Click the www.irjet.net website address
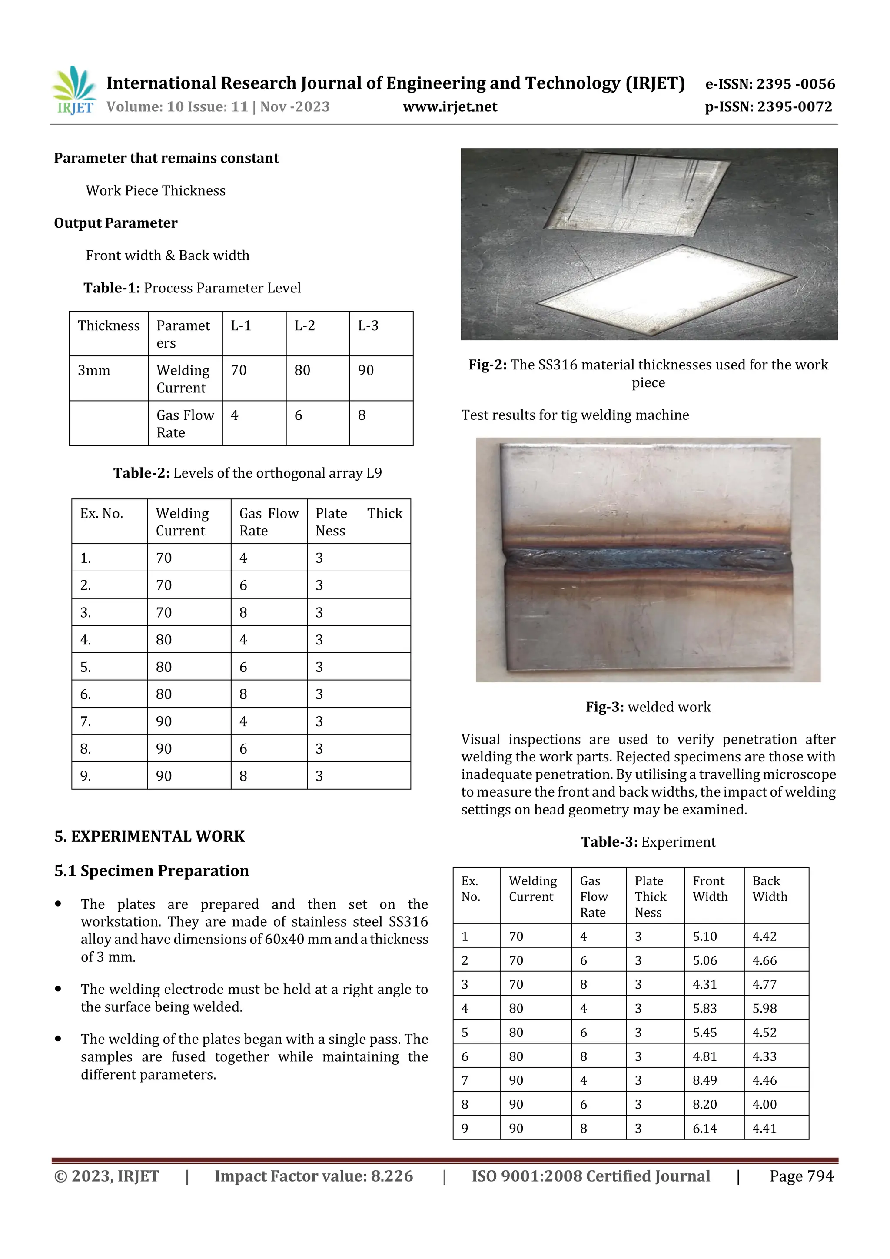(x=450, y=107)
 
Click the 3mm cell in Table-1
(x=94, y=371)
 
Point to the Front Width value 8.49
(x=704, y=1080)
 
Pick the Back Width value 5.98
(x=764, y=1008)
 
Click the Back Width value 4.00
(x=764, y=1104)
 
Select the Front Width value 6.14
(x=704, y=1128)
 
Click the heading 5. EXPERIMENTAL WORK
(x=149, y=836)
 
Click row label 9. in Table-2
(x=86, y=776)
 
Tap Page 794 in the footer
(x=801, y=1176)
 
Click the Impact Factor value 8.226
(x=314, y=1176)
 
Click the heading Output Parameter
(x=116, y=223)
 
